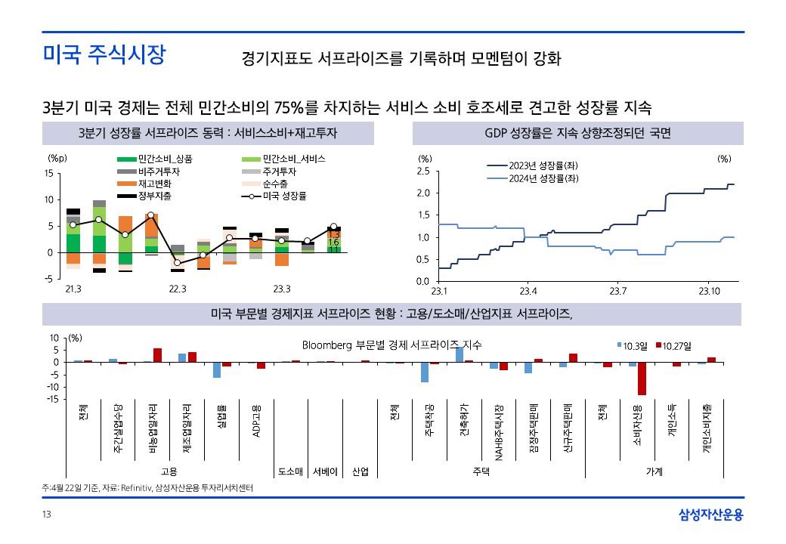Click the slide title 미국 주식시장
(104, 55)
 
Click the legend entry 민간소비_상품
(165, 159)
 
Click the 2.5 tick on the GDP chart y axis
(423, 172)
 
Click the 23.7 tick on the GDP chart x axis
(619, 291)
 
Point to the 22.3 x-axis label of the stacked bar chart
(177, 289)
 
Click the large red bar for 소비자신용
(642, 379)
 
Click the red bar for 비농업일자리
(157, 355)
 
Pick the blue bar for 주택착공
(425, 372)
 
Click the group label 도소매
(291, 471)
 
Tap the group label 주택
(481, 471)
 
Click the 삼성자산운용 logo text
(711, 515)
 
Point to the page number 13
(47, 515)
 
